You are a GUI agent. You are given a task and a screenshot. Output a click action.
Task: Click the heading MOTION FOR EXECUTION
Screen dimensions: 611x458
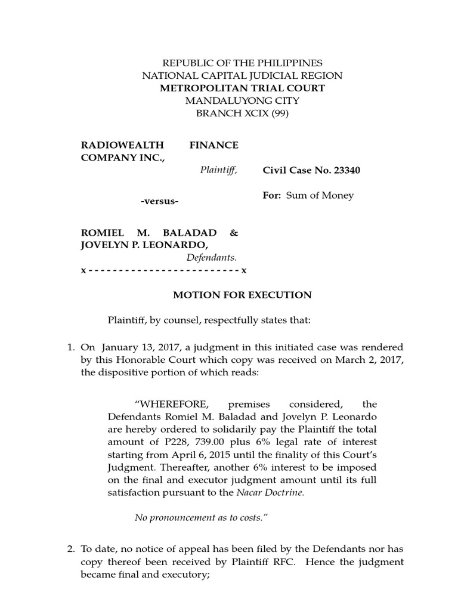242,295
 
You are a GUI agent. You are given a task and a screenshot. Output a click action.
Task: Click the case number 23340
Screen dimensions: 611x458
345,171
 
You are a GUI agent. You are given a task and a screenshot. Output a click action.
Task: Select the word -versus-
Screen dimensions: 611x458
159,201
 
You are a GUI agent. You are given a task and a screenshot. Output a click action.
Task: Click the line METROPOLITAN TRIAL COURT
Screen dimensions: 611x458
242,88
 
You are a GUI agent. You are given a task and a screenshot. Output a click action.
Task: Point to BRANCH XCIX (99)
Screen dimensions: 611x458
242,114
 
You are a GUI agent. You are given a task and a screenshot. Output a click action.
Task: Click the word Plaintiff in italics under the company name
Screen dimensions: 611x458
218,170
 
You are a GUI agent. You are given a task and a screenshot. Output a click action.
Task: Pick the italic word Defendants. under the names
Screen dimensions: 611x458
212,258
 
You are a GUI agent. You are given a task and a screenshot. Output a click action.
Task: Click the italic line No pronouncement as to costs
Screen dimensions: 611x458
199,517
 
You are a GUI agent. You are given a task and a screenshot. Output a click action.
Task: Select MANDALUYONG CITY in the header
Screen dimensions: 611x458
242,101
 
